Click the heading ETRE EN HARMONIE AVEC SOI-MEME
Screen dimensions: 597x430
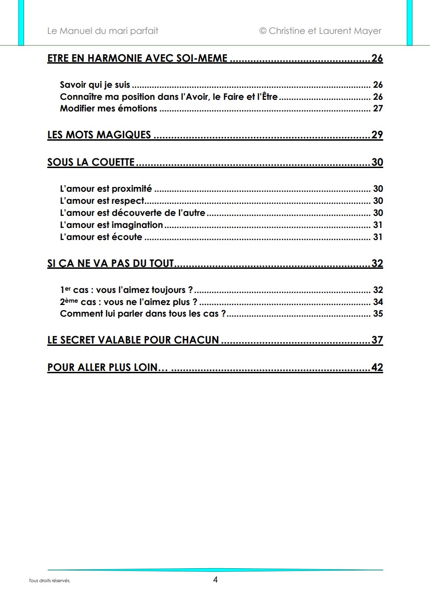click(x=138, y=58)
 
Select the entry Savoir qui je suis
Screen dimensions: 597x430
click(x=95, y=85)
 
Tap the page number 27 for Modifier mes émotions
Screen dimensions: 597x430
click(x=378, y=109)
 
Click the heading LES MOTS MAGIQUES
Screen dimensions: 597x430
click(x=99, y=135)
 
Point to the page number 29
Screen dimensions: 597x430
click(x=377, y=135)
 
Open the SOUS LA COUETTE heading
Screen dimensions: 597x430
click(x=91, y=162)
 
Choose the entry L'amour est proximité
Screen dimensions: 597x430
click(x=106, y=189)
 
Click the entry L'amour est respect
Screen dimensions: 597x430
click(x=102, y=201)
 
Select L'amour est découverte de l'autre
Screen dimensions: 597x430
click(x=133, y=213)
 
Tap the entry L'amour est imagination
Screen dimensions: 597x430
click(x=111, y=225)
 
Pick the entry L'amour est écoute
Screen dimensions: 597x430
click(x=101, y=237)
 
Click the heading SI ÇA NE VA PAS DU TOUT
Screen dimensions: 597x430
click(x=110, y=264)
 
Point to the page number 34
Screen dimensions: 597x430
click(x=378, y=302)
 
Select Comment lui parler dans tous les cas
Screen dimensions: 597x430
click(x=143, y=314)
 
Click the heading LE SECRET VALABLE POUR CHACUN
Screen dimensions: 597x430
click(x=133, y=340)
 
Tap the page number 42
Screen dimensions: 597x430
click(x=377, y=367)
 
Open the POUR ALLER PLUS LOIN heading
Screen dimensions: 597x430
click(x=107, y=367)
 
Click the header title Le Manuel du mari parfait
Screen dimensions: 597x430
click(x=102, y=31)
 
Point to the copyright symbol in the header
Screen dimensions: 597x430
click(x=263, y=31)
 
